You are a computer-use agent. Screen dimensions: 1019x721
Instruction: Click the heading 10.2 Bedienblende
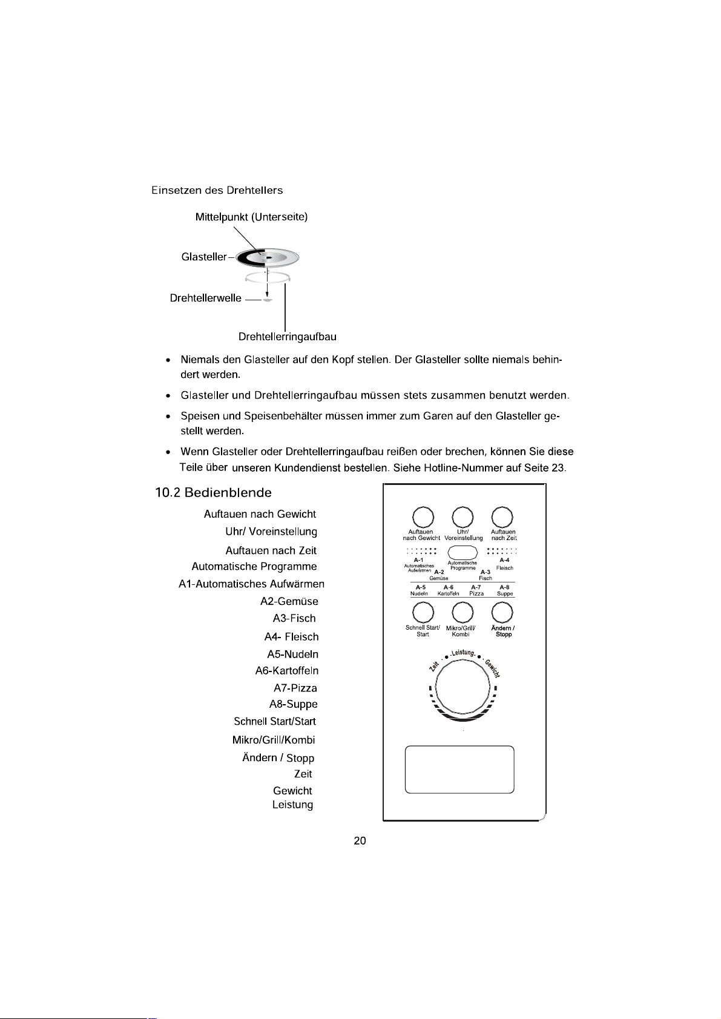[213, 492]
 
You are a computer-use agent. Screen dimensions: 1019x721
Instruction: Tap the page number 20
[360, 840]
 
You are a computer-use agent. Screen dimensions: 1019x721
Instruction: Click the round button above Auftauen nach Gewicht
[423, 517]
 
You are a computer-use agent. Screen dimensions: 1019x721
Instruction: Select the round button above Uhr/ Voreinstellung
[463, 517]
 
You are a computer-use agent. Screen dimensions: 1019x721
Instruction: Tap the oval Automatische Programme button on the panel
[463, 552]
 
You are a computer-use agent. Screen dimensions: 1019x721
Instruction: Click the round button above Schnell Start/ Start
[423, 613]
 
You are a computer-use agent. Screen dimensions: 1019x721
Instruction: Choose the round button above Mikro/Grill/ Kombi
[463, 613]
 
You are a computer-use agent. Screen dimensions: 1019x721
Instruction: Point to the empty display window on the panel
[459, 769]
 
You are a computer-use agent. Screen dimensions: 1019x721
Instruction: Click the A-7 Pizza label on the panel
[476, 590]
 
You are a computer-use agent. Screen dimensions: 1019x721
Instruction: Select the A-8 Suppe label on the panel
[504, 590]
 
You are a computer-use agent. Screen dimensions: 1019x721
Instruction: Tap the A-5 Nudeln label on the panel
[420, 590]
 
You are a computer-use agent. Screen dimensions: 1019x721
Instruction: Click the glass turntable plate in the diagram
[268, 258]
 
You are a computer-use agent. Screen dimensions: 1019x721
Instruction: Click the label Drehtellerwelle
[205, 298]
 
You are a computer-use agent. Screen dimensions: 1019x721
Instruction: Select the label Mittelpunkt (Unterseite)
[251, 217]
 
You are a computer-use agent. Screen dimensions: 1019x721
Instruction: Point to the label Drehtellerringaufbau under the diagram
[287, 337]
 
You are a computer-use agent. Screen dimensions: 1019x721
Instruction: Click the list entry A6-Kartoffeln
[286, 670]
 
